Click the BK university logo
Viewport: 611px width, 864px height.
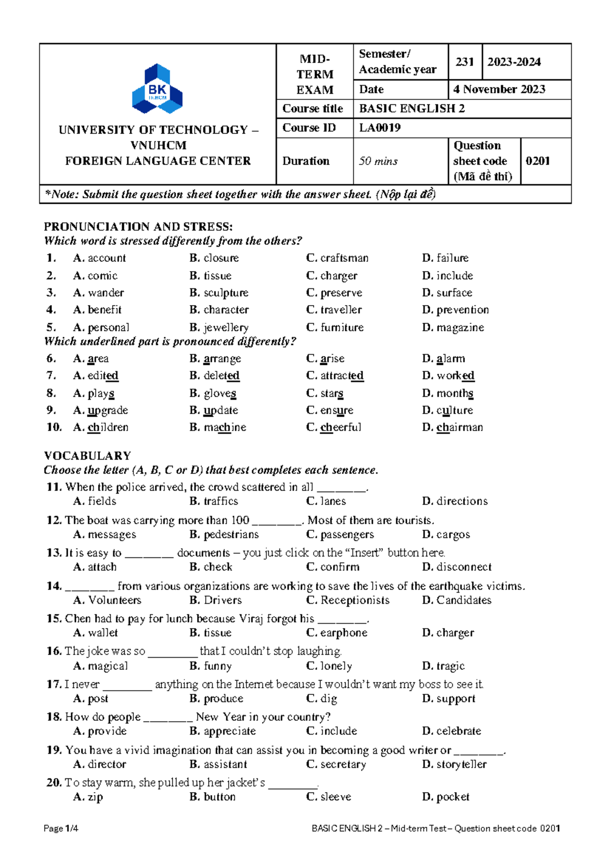point(157,89)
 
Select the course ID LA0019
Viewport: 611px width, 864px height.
point(380,128)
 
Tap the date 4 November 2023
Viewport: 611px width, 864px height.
point(499,90)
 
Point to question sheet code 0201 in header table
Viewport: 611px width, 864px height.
point(538,161)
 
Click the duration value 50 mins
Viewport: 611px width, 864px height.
point(378,161)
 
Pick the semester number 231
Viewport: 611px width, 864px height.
point(464,62)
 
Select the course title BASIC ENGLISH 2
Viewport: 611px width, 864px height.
point(411,109)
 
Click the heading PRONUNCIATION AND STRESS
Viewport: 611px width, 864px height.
point(138,227)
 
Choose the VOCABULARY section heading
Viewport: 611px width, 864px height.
point(88,455)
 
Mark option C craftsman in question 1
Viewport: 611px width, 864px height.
point(338,258)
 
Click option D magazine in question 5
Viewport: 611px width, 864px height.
point(453,328)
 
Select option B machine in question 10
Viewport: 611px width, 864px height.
point(218,427)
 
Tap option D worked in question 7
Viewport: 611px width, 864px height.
point(449,376)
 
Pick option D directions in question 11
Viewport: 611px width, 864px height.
point(455,501)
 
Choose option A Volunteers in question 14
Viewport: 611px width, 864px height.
point(107,600)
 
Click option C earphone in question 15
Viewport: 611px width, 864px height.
point(337,633)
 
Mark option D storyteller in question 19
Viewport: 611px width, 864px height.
point(455,764)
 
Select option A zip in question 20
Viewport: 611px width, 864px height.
point(88,797)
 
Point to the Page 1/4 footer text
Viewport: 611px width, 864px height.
point(61,828)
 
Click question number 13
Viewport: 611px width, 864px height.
point(53,553)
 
